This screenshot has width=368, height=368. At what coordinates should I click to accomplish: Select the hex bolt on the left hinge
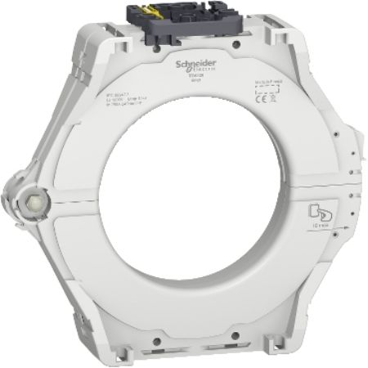(36, 200)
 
